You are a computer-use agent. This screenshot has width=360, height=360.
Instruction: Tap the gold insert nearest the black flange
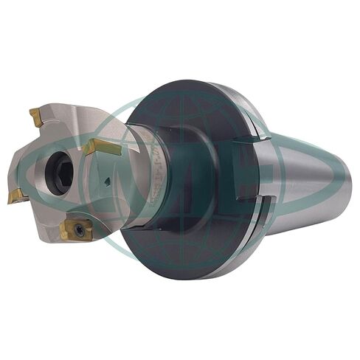point(101,146)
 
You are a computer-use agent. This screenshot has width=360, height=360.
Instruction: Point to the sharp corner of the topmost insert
point(31,111)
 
